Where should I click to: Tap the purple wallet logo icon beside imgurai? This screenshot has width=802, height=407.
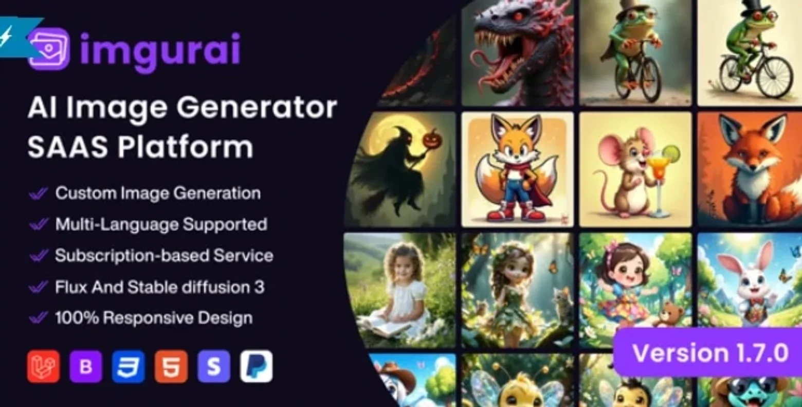tap(49, 48)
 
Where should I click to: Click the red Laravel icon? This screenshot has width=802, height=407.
tap(43, 366)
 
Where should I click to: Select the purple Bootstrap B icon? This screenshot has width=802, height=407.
tap(86, 366)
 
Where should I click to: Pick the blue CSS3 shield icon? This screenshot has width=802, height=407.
tap(129, 366)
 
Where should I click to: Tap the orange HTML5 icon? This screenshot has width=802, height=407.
tap(171, 366)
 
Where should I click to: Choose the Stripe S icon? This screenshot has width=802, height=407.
tap(214, 366)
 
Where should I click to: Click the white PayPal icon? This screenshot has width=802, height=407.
tap(257, 366)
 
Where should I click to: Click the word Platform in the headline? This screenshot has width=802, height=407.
tap(186, 147)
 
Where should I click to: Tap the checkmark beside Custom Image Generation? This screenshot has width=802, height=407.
tap(38, 194)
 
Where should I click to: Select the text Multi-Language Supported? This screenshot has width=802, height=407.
tap(161, 225)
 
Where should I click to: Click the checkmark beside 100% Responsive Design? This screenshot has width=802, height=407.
tap(38, 318)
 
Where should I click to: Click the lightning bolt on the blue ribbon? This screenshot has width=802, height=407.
tap(6, 36)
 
